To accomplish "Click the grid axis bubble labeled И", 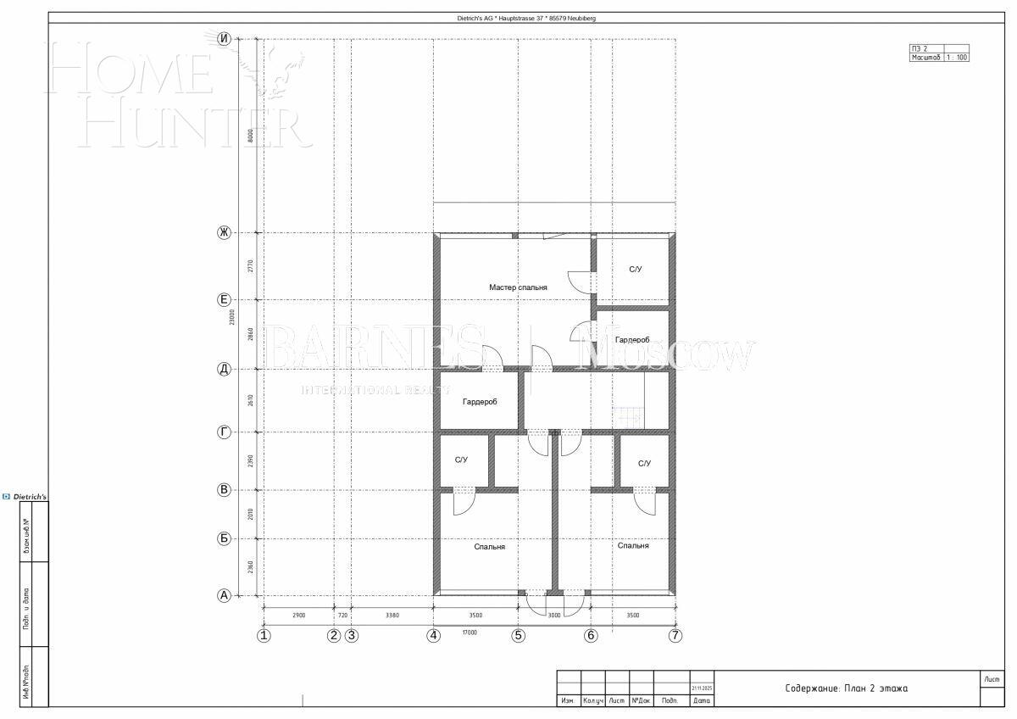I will click(225, 38).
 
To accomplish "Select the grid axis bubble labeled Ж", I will click(225, 232).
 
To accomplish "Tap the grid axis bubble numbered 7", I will click(675, 635).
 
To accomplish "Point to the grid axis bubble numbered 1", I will click(264, 635).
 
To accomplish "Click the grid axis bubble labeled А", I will click(225, 595).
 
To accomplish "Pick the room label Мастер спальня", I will click(518, 287).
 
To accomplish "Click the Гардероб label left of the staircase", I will click(480, 402).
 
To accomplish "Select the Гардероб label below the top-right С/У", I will click(632, 340).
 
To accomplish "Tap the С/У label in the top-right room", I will click(636, 269).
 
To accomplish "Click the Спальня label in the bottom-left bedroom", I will click(489, 547).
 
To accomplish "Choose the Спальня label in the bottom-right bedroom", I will click(633, 545).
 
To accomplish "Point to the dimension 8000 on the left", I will click(251, 136).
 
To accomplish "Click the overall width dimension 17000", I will click(470, 632).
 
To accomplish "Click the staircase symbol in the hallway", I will click(628, 415).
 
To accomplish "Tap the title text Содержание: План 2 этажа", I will click(846, 688).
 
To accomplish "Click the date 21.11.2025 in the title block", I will click(702, 688).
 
